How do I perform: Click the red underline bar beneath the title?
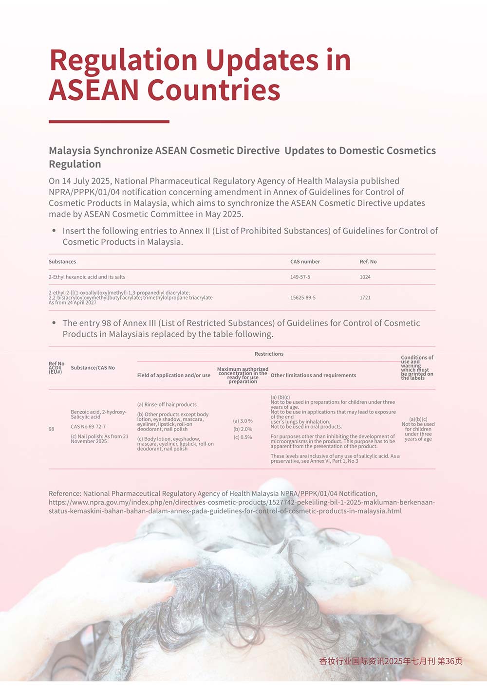coord(109,122)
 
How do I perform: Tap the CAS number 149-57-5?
coord(300,277)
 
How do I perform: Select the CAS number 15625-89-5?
coord(303,297)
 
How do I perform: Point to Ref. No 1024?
coord(365,277)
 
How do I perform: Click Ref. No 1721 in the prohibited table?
coord(365,297)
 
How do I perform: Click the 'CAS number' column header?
coord(305,262)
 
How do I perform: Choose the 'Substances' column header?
coord(62,262)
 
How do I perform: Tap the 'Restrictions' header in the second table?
coord(269,354)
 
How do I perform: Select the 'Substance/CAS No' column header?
coord(93,368)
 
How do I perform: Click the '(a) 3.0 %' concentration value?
coord(243,421)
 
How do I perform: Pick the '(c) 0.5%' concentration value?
coord(243,437)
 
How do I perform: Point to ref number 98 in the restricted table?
coord(52,429)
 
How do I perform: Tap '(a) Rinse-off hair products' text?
coord(167,404)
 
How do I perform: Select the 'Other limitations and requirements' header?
coord(313,375)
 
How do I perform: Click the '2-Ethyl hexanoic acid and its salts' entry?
coord(87,277)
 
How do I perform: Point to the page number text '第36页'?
coord(450,661)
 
